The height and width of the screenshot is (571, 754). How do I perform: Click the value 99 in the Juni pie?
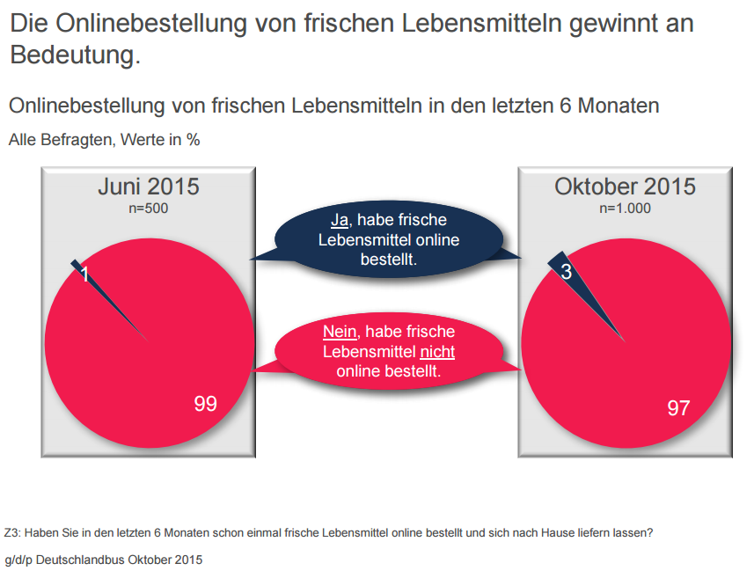coord(205,404)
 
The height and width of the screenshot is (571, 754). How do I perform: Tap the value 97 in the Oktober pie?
coord(677,407)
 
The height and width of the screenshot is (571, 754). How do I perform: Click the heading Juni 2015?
coord(148,187)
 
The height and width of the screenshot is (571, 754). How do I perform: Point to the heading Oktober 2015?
coord(625,187)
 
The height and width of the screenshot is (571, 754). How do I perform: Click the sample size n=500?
coord(148,209)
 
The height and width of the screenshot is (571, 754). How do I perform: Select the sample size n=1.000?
coord(625,209)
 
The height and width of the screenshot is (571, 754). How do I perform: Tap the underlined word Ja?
coord(340,220)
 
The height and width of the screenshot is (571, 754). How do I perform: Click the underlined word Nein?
coord(339,332)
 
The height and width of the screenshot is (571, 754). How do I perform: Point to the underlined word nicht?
coord(436,352)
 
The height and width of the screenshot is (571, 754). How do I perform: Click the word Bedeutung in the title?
coord(75,55)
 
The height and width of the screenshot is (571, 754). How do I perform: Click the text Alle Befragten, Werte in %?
coord(105,139)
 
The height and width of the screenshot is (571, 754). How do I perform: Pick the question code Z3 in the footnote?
coord(11,532)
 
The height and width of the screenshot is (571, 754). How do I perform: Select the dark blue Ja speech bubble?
coord(388,239)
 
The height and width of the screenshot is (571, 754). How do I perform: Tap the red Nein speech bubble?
coord(388,351)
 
